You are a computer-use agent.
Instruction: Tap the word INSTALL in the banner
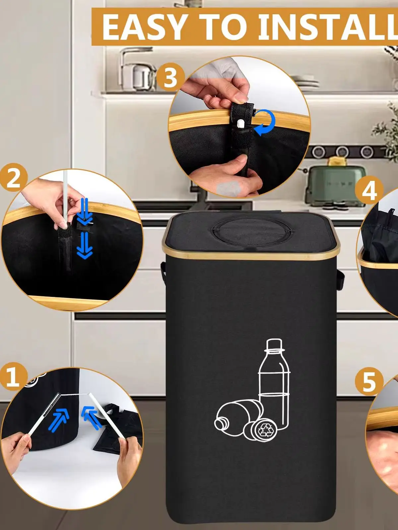click(328, 27)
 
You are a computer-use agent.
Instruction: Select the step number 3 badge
click(170, 78)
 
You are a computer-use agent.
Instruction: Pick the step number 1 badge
click(13, 377)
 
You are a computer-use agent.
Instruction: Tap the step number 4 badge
click(369, 191)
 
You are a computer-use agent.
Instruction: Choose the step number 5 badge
click(369, 382)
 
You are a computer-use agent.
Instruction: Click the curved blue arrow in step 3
click(266, 123)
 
